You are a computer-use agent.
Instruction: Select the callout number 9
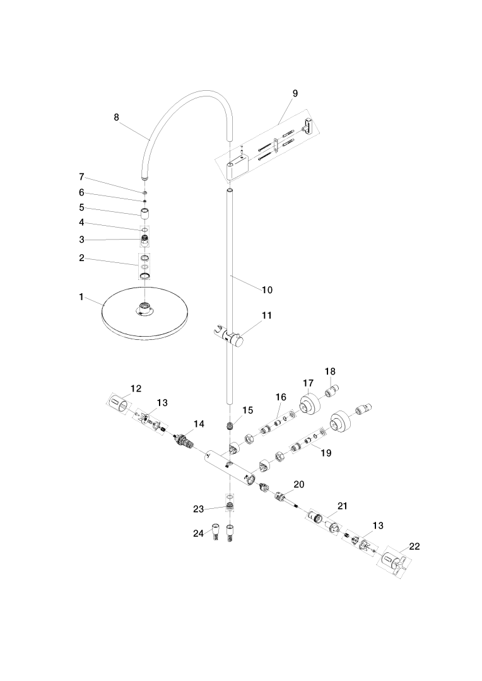(x=295, y=93)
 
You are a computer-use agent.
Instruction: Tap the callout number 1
(x=81, y=296)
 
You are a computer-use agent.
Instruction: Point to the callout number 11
(x=266, y=315)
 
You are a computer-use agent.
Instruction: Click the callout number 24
(x=197, y=533)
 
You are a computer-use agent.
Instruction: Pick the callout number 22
(x=414, y=546)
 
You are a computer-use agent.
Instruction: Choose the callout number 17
(x=308, y=383)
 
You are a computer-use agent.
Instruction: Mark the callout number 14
(x=199, y=424)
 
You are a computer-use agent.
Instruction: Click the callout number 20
(x=298, y=484)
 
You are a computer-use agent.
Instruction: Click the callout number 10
(x=267, y=290)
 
